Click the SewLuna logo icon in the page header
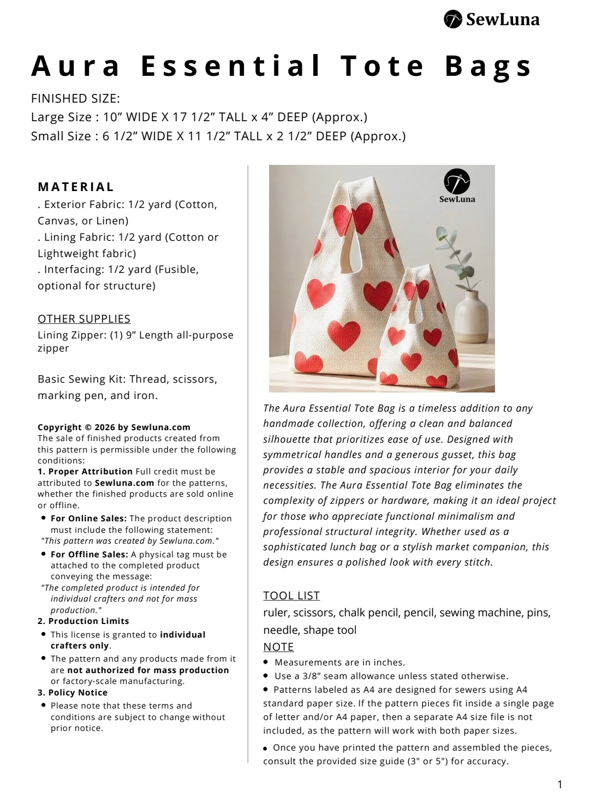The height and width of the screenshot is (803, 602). click(x=453, y=20)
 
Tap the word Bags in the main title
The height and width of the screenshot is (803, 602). click(x=488, y=66)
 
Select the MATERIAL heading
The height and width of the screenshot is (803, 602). click(x=76, y=187)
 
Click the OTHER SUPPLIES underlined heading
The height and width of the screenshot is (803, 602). click(x=84, y=319)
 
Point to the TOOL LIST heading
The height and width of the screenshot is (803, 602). click(x=291, y=596)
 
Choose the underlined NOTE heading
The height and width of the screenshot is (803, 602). click(x=278, y=647)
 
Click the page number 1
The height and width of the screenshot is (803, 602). click(x=559, y=784)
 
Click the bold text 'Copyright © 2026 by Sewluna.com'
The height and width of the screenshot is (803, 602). click(x=114, y=427)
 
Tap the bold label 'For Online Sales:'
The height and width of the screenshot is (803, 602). click(x=88, y=519)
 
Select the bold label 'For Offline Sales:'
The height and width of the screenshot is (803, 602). click(x=90, y=555)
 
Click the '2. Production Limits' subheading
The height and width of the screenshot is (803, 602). click(x=83, y=621)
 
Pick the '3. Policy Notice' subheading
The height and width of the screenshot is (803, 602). click(x=73, y=693)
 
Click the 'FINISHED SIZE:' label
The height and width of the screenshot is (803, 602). click(x=75, y=99)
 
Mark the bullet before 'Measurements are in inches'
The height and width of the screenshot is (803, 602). click(x=266, y=662)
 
